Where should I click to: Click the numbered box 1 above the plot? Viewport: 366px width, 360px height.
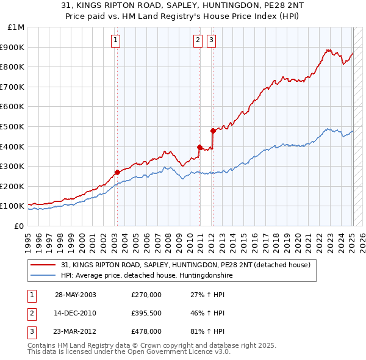coord(116,41)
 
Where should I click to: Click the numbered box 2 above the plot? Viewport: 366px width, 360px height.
coord(198,41)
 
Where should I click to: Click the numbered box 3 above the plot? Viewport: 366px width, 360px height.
coord(211,41)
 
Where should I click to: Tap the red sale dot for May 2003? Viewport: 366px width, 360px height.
coord(117,172)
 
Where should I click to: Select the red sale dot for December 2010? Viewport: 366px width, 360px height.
coord(199,147)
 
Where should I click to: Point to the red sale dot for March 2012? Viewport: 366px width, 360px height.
coord(213,131)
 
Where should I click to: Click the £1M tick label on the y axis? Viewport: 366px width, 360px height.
coord(16,27)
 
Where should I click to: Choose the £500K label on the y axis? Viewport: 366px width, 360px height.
coord(13,126)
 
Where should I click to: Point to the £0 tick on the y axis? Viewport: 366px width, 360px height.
coord(19,226)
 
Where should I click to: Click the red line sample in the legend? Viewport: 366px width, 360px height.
coord(44,265)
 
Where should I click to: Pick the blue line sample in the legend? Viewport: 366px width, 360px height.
coord(44,275)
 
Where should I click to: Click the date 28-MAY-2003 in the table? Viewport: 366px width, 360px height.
coord(76,295)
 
